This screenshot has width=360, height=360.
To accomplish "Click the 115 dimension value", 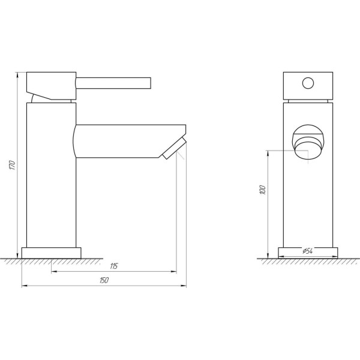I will (114, 266).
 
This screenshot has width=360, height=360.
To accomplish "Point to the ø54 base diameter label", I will (308, 251).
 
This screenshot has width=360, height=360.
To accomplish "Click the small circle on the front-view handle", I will (308, 83).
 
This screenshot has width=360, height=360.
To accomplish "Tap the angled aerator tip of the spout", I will (173, 147).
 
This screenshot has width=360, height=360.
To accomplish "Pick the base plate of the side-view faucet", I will (51, 253).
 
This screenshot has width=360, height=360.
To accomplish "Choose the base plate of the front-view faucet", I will (308, 253).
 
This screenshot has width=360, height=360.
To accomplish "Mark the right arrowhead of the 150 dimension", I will (184, 286).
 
